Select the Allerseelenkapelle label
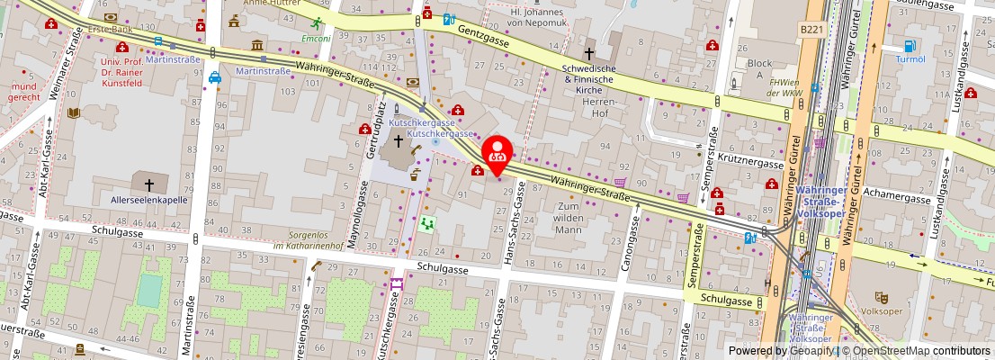148,200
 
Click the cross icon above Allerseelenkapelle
149,184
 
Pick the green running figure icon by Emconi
316,24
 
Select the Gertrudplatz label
381,134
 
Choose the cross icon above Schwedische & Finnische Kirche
590,54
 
